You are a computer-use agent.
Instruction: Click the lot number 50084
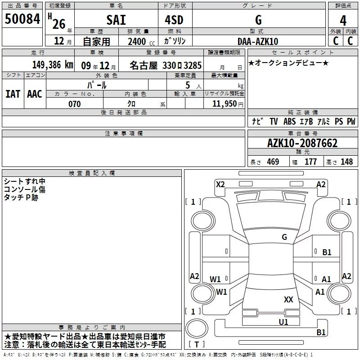click(x=22, y=19)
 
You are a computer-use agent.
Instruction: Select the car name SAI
click(x=116, y=20)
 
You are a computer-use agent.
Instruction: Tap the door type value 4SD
click(x=174, y=20)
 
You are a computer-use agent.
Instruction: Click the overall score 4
click(x=343, y=21)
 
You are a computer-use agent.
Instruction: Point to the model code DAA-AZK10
click(x=258, y=41)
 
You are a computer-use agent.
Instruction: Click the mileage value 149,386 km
click(x=53, y=65)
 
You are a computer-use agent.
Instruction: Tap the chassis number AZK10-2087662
click(x=302, y=143)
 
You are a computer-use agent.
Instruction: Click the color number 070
click(x=74, y=104)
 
